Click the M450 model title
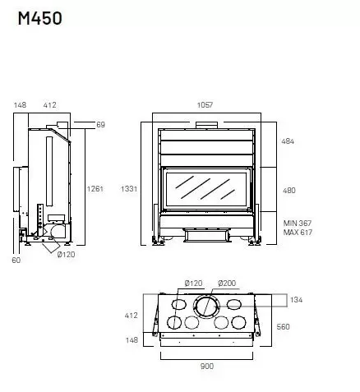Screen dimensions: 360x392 point(40,19)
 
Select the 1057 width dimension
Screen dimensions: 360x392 point(205,105)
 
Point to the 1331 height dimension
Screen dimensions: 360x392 point(129,189)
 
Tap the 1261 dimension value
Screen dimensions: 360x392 point(95,189)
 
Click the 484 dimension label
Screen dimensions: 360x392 point(288,141)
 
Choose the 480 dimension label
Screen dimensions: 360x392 point(289,191)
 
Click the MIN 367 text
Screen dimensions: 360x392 point(298,224)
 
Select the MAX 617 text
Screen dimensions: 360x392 point(298,233)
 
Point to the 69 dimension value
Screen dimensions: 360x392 point(101,125)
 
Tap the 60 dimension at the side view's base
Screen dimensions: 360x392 point(16,261)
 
